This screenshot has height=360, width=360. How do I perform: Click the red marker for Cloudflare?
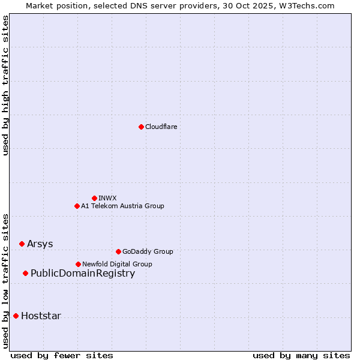[x=141, y=127]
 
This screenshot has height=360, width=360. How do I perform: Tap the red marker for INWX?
[x=94, y=198]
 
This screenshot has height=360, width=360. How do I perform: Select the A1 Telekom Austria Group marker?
[x=77, y=206]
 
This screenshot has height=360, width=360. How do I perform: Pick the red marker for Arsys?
[x=22, y=244]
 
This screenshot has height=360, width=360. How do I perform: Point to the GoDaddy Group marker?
[x=118, y=251]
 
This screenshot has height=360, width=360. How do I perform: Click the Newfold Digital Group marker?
[x=78, y=264]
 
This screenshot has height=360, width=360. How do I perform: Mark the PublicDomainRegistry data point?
[x=25, y=274]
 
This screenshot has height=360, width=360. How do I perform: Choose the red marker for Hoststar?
[x=16, y=316]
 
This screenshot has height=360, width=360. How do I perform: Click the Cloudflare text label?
[x=161, y=127]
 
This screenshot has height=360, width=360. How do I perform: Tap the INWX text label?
[x=108, y=198]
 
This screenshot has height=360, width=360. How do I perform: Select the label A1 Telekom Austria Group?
[x=122, y=206]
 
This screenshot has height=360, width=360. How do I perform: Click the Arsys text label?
[x=40, y=244]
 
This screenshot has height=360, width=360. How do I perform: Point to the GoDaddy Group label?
[x=148, y=251]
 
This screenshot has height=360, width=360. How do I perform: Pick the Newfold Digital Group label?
[x=117, y=264]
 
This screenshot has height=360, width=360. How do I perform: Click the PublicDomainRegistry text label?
[x=83, y=274]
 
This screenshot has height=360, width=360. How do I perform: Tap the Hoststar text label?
[x=41, y=316]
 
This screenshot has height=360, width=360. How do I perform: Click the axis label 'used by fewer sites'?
[x=61, y=355]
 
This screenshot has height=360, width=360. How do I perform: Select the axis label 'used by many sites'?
[x=301, y=355]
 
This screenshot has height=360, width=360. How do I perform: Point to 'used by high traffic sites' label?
[x=5, y=85]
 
